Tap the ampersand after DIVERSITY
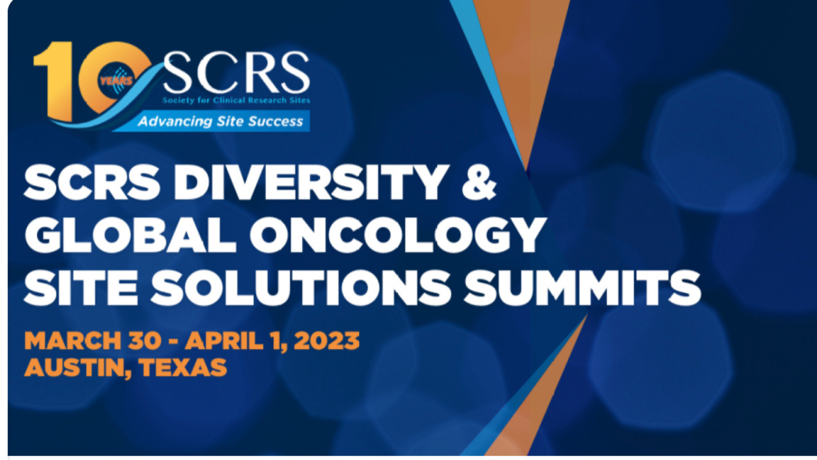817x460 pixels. pyautogui.click(x=479, y=182)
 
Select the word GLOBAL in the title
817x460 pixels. pyautogui.click(x=130, y=235)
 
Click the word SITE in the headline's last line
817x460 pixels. pyautogui.click(x=81, y=288)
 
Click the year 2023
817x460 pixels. pyautogui.click(x=327, y=340)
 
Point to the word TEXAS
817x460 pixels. pyautogui.click(x=183, y=367)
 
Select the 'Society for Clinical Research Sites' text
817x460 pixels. pyautogui.click(x=236, y=100)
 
